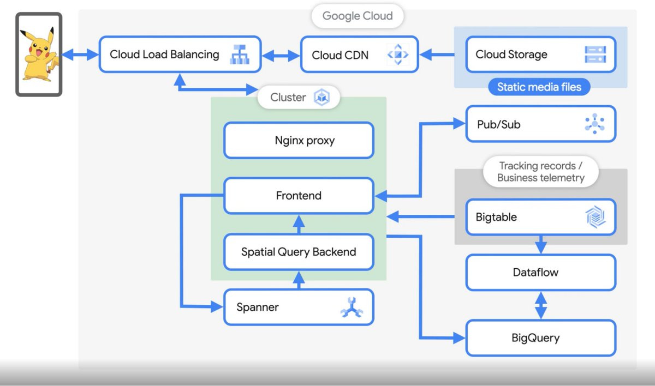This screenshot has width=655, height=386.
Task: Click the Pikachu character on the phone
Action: coord(38,55)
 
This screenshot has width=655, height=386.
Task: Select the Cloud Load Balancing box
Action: coord(164,55)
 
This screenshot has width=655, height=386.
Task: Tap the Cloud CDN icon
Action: coord(397,55)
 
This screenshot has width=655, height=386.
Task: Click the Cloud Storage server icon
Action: coord(595,55)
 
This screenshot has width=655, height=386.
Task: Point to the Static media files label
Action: coord(539,87)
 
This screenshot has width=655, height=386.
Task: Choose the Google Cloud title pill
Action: coord(358,16)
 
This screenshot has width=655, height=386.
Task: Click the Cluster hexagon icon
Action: coord(322,98)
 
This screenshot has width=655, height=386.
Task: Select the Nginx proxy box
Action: coord(299,141)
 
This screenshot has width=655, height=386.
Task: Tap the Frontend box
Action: coord(299,195)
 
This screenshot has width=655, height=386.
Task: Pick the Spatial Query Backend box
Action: coord(299,252)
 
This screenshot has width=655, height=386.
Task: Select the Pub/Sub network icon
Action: coord(594,124)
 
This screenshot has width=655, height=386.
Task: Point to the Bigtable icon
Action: coord(594,217)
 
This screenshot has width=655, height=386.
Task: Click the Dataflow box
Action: coord(540,272)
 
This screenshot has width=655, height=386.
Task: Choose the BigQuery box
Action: coord(540,338)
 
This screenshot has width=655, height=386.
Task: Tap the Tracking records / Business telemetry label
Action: coord(540,172)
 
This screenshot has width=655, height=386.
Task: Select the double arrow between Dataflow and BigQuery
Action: coord(540,305)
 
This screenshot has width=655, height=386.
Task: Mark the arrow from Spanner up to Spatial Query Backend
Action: coord(299,280)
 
